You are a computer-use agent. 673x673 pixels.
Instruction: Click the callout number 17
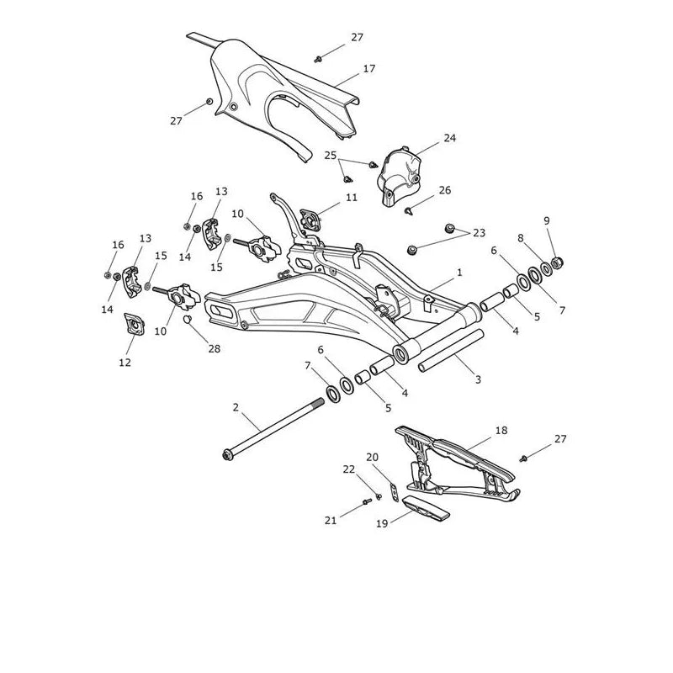pyautogui.click(x=369, y=69)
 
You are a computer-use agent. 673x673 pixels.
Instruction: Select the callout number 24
pyautogui.click(x=450, y=138)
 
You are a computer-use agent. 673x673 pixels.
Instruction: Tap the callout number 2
pyautogui.click(x=236, y=407)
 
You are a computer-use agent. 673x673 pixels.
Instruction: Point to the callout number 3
pyautogui.click(x=478, y=379)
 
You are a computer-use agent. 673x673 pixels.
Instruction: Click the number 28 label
pyautogui.click(x=215, y=349)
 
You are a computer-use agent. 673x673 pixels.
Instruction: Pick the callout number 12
pyautogui.click(x=125, y=363)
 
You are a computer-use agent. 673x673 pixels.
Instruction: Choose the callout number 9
pyautogui.click(x=546, y=220)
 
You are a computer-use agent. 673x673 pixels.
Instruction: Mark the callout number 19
pyautogui.click(x=382, y=523)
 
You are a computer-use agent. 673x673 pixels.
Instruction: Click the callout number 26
pyautogui.click(x=445, y=190)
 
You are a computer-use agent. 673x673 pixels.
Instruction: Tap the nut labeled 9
pyautogui.click(x=557, y=262)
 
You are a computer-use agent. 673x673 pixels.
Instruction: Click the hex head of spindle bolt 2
pyautogui.click(x=226, y=455)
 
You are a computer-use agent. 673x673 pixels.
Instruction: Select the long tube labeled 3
pyautogui.click(x=451, y=351)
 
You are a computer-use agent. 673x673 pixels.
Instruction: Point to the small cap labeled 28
pyautogui.click(x=187, y=319)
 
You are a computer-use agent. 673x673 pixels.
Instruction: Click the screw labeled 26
pyautogui.click(x=409, y=211)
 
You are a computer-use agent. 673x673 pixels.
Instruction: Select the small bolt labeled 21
pyautogui.click(x=367, y=501)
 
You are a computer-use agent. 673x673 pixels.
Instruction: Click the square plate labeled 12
pyautogui.click(x=135, y=325)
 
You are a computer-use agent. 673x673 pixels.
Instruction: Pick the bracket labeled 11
pyautogui.click(x=310, y=220)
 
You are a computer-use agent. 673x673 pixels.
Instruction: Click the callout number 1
pyautogui.click(x=459, y=273)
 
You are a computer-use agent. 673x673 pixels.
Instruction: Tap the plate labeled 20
pyautogui.click(x=395, y=492)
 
